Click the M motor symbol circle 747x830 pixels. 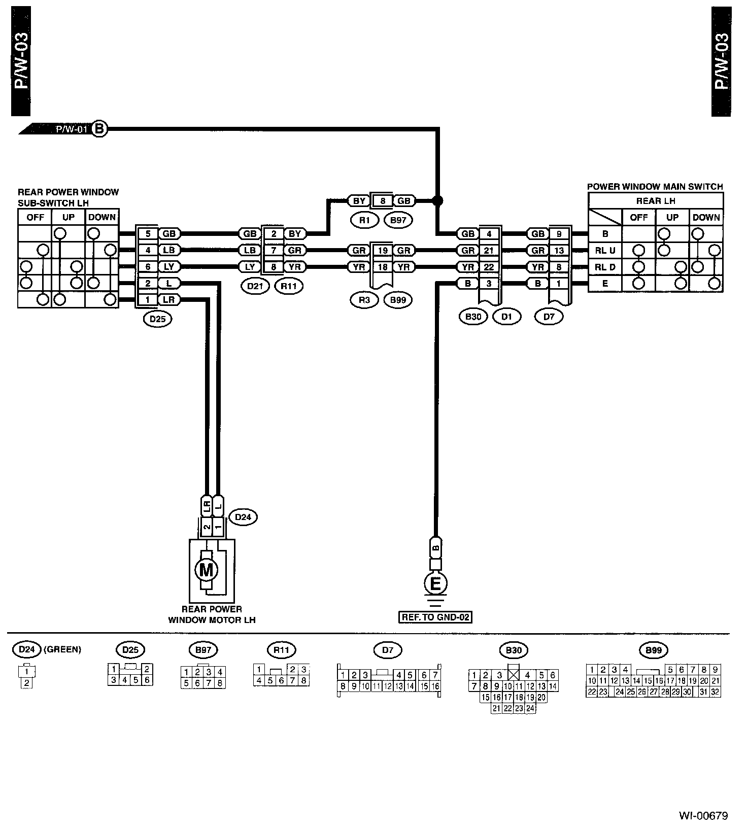click(206, 570)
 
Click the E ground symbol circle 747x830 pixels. click(435, 583)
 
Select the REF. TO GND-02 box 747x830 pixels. click(435, 617)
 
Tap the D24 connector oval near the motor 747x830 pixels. click(244, 517)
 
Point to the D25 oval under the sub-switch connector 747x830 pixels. click(158, 319)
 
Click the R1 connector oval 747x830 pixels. click(365, 220)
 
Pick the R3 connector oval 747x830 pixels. click(364, 300)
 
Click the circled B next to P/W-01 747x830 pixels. click(99, 129)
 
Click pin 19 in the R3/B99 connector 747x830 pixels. click(383, 250)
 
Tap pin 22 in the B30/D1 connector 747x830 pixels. click(489, 267)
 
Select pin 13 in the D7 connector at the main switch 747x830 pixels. click(559, 250)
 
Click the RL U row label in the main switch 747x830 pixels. click(605, 251)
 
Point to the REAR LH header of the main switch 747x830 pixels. click(656, 201)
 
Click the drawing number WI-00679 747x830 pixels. click(704, 816)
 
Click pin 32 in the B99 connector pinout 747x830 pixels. click(715, 691)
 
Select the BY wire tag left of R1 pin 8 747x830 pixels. click(359, 201)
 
